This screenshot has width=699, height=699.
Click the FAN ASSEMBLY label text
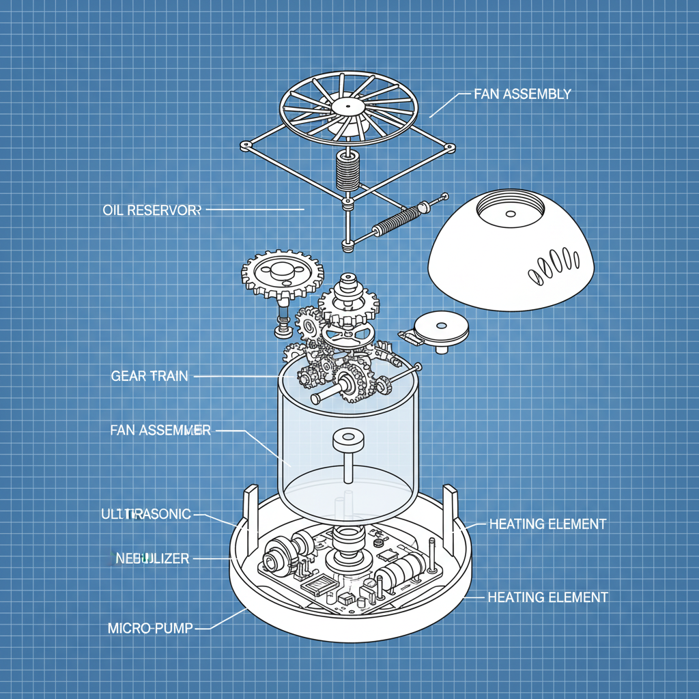pyautogui.click(x=522, y=94)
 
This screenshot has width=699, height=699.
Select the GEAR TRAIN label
pyautogui.click(x=149, y=376)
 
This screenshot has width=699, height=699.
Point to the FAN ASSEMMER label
pyautogui.click(x=160, y=430)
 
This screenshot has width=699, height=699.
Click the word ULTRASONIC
pyautogui.click(x=145, y=514)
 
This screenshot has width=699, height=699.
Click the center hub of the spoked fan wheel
pyautogui.click(x=348, y=107)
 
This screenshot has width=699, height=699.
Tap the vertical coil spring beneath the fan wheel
pyautogui.click(x=348, y=170)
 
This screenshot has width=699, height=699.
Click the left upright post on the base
pyautogui.click(x=251, y=509)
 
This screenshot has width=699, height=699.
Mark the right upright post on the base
pyautogui.click(x=450, y=509)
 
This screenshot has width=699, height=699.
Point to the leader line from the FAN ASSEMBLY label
pyautogui.click(x=444, y=105)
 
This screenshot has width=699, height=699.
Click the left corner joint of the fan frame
pyautogui.click(x=245, y=145)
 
